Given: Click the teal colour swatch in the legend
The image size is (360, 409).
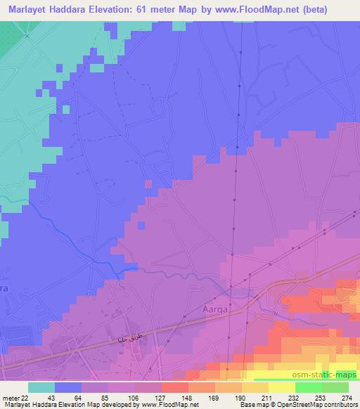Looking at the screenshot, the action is [x=41, y=387].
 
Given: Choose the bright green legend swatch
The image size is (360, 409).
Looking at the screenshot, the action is [x=309, y=387].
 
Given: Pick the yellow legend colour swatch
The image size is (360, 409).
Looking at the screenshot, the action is [x=282, y=387].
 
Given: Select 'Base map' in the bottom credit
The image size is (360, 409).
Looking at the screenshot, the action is [x=255, y=405].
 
